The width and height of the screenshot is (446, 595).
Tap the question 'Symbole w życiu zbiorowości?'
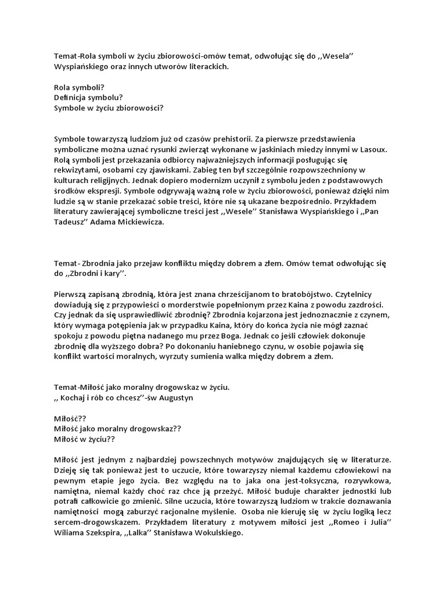coord(109,107)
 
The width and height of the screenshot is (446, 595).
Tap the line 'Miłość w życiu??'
coord(84,439)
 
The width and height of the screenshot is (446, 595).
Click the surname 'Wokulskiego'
coord(214,533)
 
